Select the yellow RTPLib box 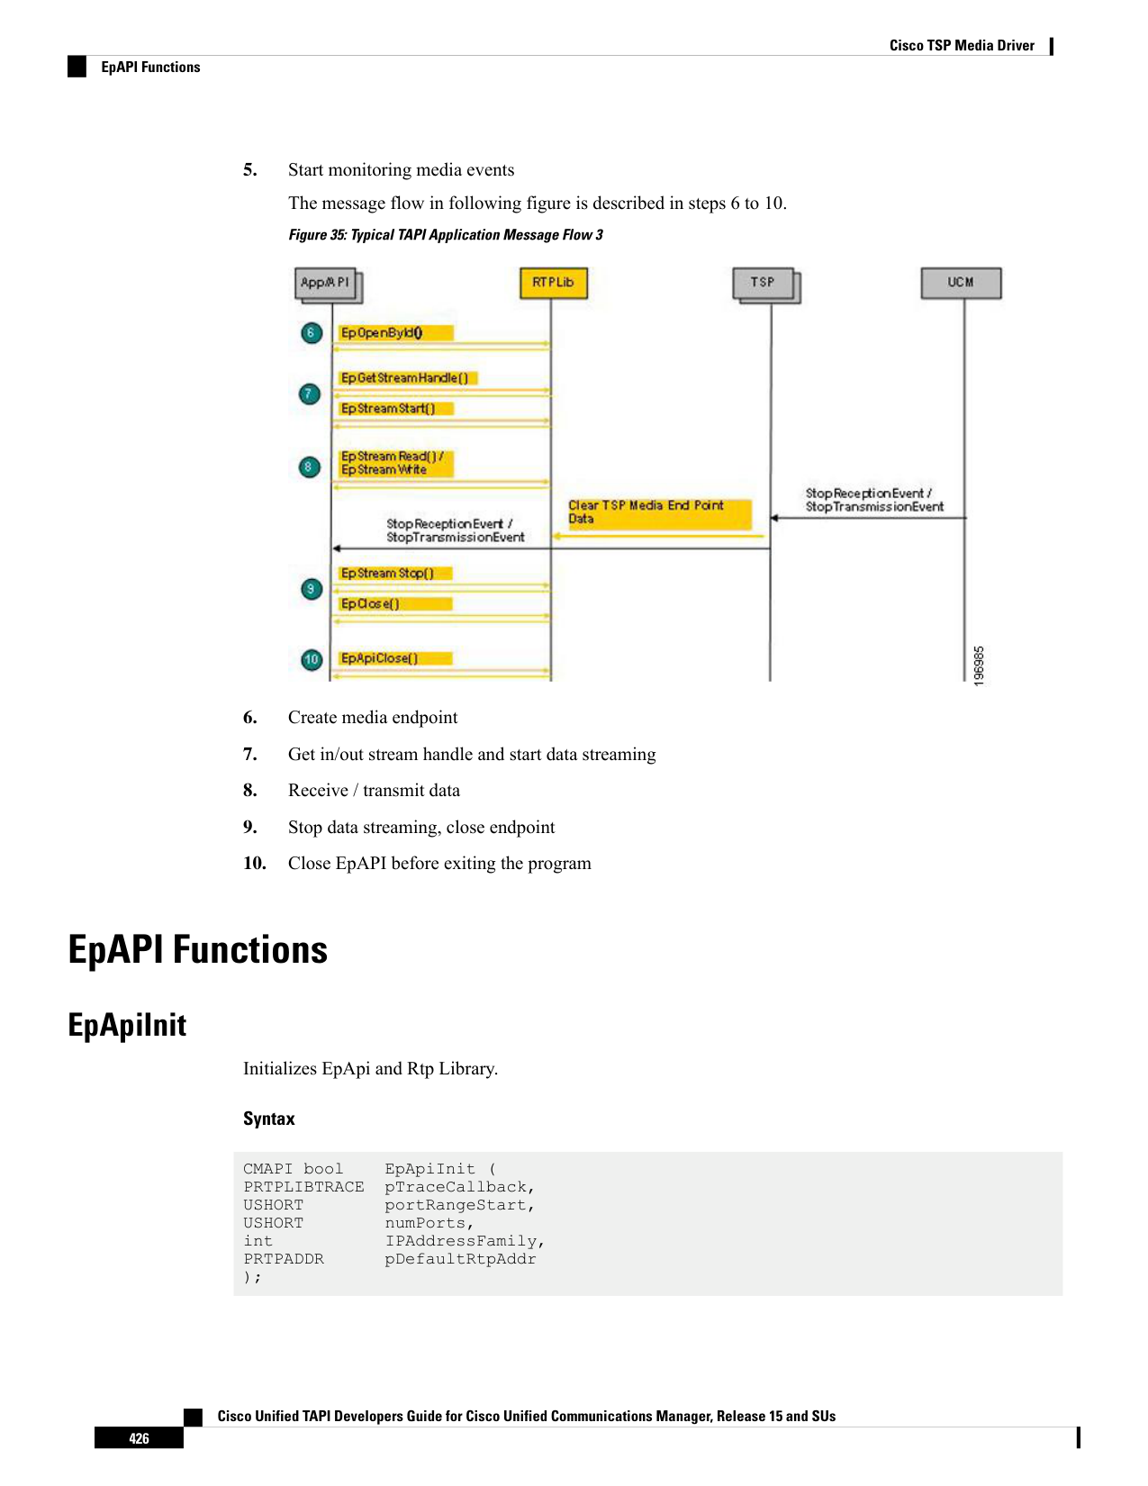pos(553,283)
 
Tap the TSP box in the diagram pos(766,285)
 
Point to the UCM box pos(961,283)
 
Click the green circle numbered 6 pos(312,333)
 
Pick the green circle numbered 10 pos(312,659)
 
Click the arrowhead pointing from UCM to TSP pos(774,518)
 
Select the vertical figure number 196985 pos(979,666)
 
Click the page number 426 pos(139,1438)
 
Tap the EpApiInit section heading pos(127,1024)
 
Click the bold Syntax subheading pos(268,1118)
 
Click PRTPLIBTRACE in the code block pos(303,1186)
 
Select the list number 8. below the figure pos(250,790)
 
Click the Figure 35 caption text pos(446,234)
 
